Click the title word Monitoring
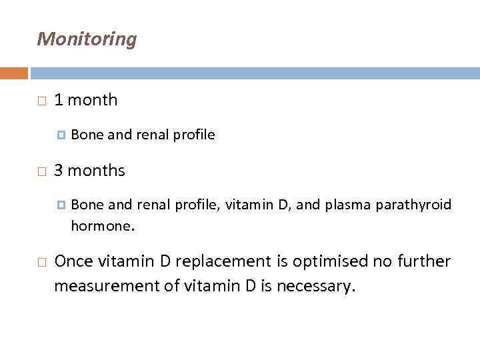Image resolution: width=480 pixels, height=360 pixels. click(x=87, y=39)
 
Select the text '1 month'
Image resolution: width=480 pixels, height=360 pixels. click(x=85, y=101)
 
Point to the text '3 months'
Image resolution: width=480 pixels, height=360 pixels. click(x=89, y=171)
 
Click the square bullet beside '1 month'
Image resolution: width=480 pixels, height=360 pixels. click(x=41, y=101)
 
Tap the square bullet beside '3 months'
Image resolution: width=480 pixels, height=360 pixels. click(x=41, y=171)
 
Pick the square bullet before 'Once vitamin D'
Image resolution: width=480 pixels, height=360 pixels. click(x=41, y=262)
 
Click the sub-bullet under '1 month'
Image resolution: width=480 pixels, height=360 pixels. click(x=61, y=135)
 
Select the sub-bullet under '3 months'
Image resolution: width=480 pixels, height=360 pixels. click(x=61, y=205)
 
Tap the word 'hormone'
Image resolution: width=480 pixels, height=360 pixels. click(x=101, y=225)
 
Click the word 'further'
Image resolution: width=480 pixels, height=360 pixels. click(x=422, y=261)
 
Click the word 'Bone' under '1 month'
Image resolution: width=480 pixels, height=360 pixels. click(x=87, y=135)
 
